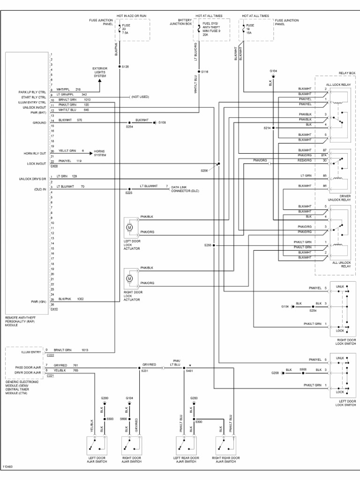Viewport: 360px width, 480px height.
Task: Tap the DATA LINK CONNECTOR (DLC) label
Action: (x=185, y=189)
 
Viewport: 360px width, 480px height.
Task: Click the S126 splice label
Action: (x=125, y=67)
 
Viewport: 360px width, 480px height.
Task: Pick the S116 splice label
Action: (x=204, y=72)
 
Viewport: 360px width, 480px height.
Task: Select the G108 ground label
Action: (x=162, y=122)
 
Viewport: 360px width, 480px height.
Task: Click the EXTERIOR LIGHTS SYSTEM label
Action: (x=100, y=72)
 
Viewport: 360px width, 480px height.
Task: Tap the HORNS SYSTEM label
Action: (x=100, y=153)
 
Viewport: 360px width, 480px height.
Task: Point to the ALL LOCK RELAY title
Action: (x=338, y=84)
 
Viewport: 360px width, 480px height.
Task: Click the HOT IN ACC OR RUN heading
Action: (x=120, y=16)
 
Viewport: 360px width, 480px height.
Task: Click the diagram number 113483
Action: (x=7, y=467)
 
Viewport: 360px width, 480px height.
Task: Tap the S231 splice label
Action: (x=144, y=371)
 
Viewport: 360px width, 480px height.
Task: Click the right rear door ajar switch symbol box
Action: (x=225, y=444)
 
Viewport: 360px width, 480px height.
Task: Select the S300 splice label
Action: (x=199, y=422)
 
